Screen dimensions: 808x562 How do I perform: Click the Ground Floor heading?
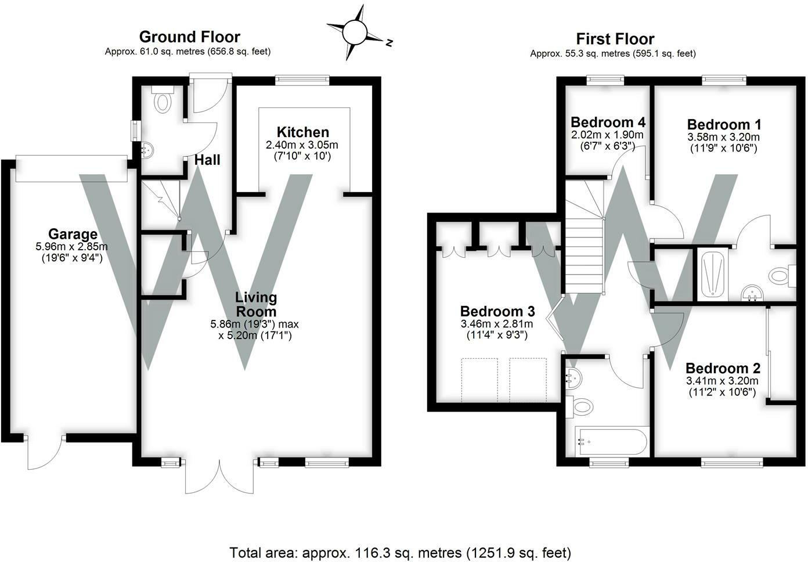(x=190, y=37)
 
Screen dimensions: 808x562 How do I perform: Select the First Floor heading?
(x=615, y=39)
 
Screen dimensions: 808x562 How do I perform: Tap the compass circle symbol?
(x=354, y=33)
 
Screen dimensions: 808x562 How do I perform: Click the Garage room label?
(x=73, y=234)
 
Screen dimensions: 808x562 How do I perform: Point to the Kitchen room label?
(x=302, y=132)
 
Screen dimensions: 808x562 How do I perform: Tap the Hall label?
(x=207, y=160)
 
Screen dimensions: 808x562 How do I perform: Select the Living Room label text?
(x=256, y=304)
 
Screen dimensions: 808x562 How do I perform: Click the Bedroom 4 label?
(x=608, y=123)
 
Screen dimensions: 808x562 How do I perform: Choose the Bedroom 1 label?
(x=724, y=124)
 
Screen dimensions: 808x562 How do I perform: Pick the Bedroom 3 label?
(x=497, y=311)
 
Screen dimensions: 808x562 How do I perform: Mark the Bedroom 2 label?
(x=723, y=368)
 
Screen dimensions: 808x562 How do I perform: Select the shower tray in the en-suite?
(x=713, y=274)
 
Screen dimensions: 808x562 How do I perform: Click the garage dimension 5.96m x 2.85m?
(x=71, y=247)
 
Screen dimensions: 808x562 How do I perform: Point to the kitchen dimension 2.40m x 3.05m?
(x=302, y=145)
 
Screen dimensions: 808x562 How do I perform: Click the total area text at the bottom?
(x=401, y=553)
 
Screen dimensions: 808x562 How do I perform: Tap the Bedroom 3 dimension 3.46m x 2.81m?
(x=497, y=323)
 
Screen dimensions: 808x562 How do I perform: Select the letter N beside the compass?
(x=389, y=42)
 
